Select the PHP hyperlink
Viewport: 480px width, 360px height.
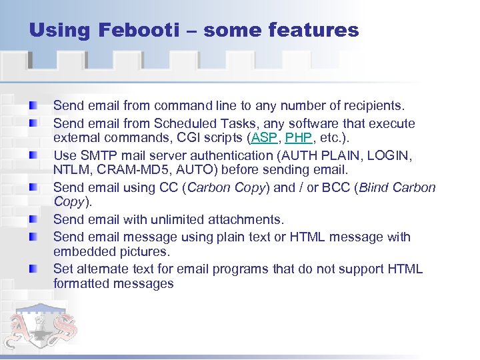click(298, 139)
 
